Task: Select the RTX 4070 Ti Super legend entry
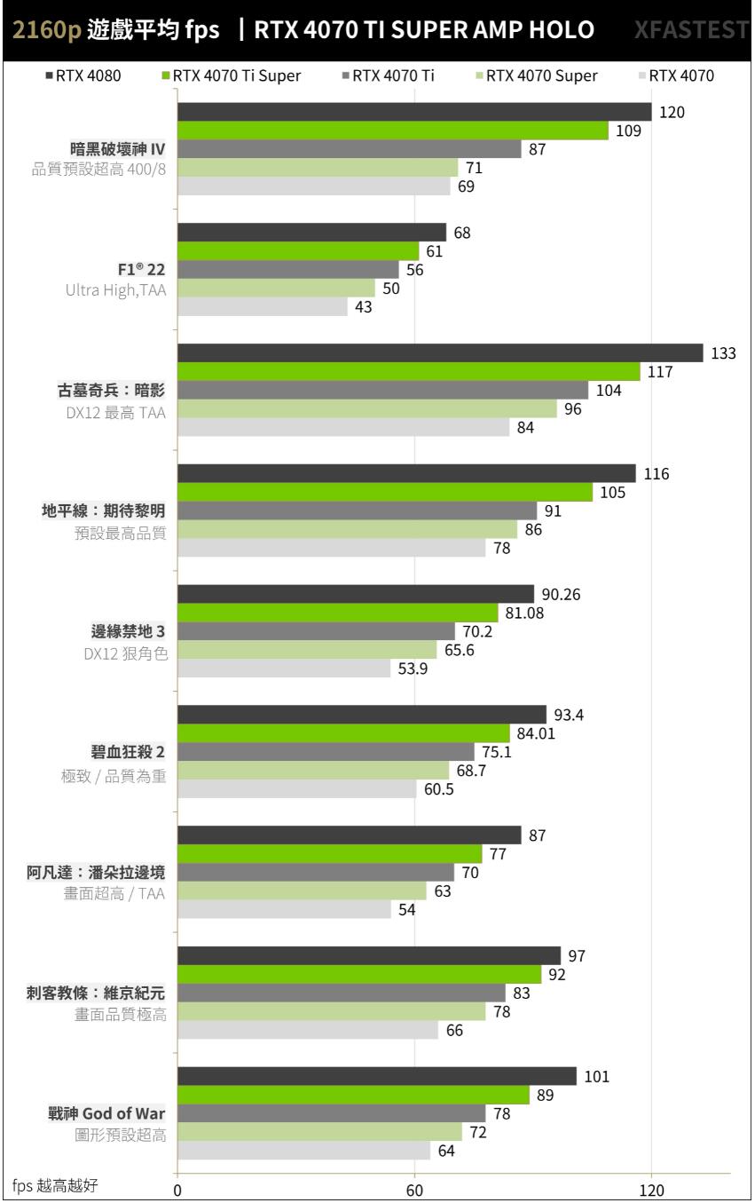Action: [x=231, y=75]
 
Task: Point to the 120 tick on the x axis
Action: [x=651, y=1189]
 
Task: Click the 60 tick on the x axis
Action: [x=414, y=1189]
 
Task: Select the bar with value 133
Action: [x=440, y=353]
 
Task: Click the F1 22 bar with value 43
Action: [x=263, y=306]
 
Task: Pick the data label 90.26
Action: [x=561, y=594]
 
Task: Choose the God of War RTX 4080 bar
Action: [x=377, y=1076]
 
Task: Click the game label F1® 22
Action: [x=141, y=269]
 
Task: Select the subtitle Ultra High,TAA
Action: [x=115, y=289]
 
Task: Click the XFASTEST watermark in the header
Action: [x=691, y=31]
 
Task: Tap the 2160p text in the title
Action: [x=46, y=31]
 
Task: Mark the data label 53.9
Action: [x=413, y=669]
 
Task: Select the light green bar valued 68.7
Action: [x=313, y=770]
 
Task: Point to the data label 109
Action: [x=628, y=131]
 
